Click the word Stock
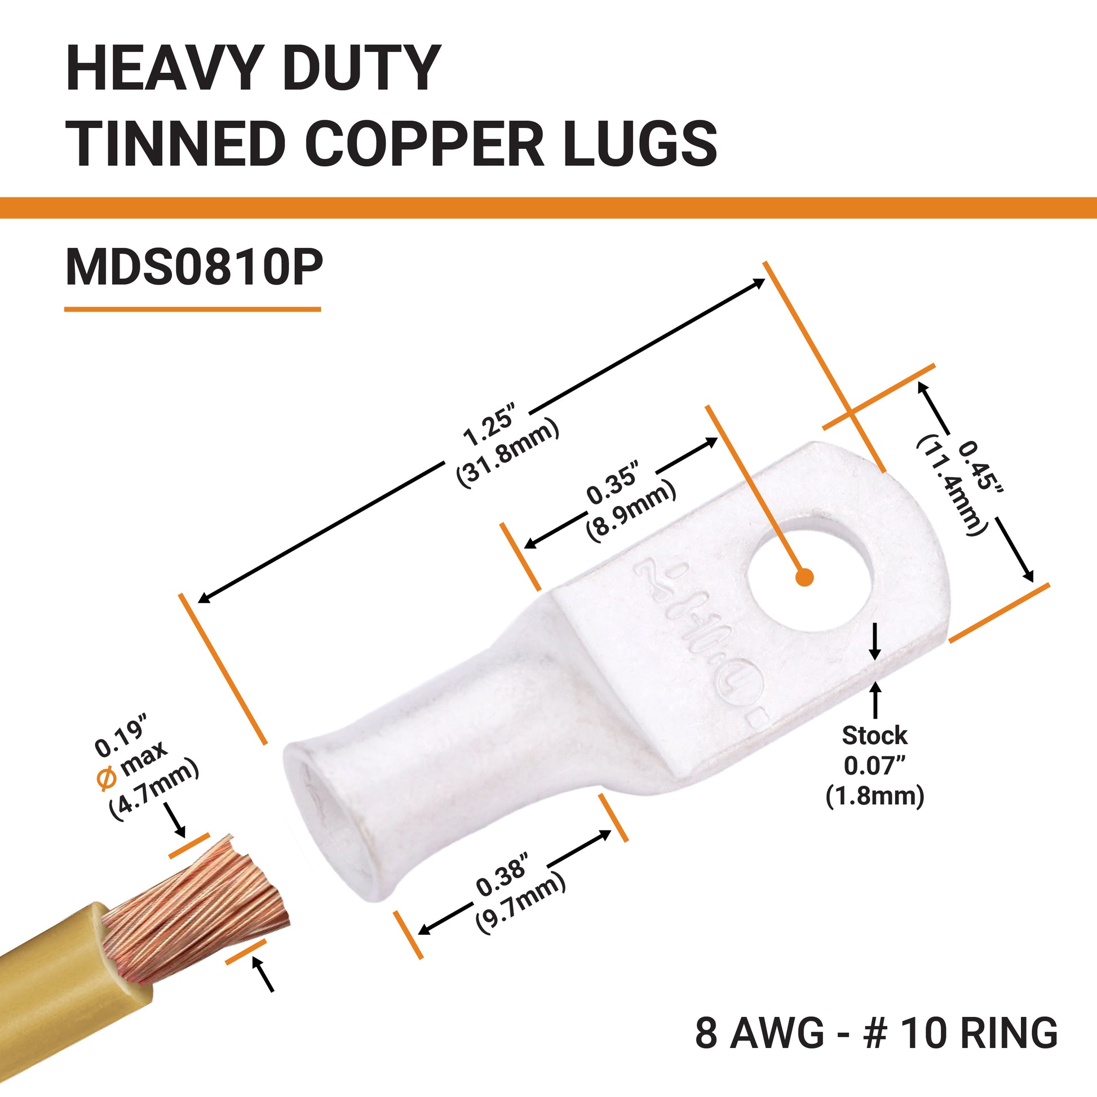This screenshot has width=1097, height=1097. pos(874,735)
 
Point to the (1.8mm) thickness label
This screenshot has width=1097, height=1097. pos(874,796)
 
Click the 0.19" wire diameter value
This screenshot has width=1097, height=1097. pos(121,739)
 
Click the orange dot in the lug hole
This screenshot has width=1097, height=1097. pos(804,577)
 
